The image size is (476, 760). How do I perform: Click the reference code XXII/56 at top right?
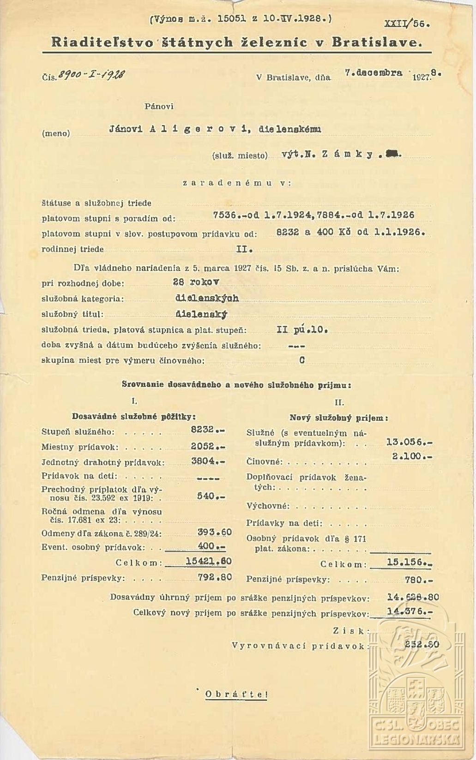[x=407, y=24]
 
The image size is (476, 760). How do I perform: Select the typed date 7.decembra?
[x=374, y=73]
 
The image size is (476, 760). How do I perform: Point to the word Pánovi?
[x=159, y=106]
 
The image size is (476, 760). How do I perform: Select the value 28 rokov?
[x=196, y=282]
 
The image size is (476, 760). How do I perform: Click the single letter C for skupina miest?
[x=302, y=360]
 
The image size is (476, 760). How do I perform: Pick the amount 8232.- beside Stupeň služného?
[x=207, y=429]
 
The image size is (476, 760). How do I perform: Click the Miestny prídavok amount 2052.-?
[x=207, y=446]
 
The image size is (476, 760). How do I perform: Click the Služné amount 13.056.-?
[x=409, y=442]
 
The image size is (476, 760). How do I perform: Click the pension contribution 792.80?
[x=215, y=577]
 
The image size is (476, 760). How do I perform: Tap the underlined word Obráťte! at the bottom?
[x=236, y=694]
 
